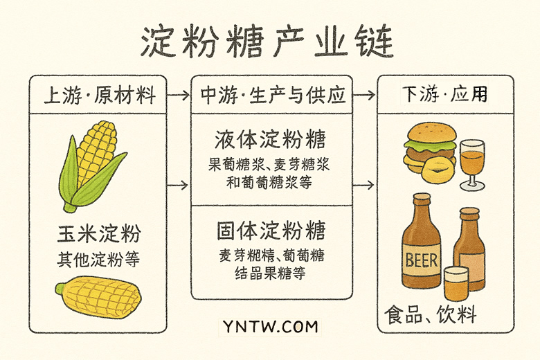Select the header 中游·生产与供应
272,96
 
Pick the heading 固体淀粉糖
270,230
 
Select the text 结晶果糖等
270,272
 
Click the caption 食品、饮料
431,316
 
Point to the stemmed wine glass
472,162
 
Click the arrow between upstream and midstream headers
179,96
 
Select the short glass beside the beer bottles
456,284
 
